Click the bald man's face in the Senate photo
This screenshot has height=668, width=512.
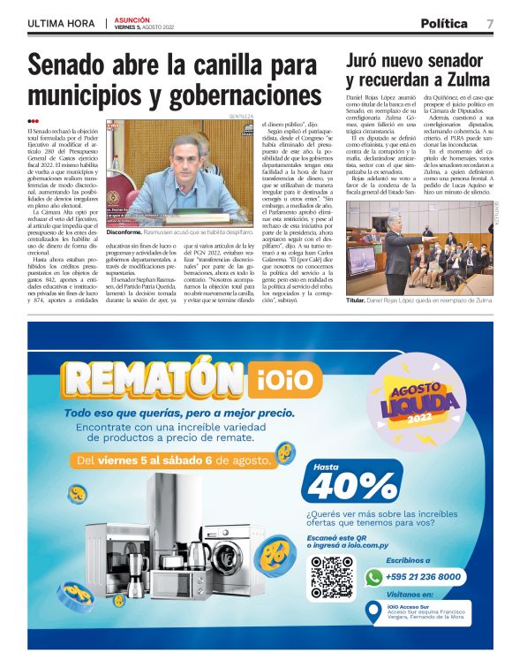186,157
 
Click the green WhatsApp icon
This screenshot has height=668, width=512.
373,576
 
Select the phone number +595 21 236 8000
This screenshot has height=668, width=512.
423,577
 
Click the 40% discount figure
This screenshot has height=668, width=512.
341,485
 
